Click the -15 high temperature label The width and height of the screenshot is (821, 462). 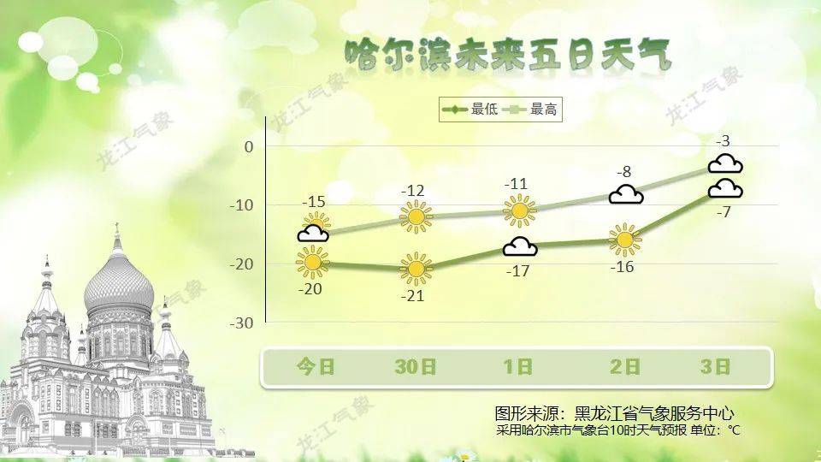pos(314,202)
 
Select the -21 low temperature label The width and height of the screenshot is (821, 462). pos(412,296)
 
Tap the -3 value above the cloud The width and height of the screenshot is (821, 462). pos(724,141)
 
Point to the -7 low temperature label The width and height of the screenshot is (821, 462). pos(724,212)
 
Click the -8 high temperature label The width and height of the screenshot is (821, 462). pos(623,172)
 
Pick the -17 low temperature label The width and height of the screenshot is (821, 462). pos(518,271)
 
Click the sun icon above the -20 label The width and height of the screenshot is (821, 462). pos(313,262)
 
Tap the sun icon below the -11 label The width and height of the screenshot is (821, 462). pos(520,210)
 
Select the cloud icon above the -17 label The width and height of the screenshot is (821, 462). pos(520,246)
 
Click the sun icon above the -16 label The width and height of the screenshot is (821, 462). pos(624,240)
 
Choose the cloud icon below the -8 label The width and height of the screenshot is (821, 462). pos(626,194)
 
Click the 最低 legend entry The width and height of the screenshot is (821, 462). pos(470,110)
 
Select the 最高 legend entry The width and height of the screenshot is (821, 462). pos(529,110)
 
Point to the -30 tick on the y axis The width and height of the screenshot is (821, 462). pos(241,323)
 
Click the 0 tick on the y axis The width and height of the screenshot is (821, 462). pos(249,147)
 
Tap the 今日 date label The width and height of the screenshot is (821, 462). pos(316,367)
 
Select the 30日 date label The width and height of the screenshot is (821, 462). pos(416,367)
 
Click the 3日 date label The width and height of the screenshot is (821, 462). pos(715,367)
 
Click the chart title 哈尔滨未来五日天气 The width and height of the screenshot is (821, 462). pos(508,55)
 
